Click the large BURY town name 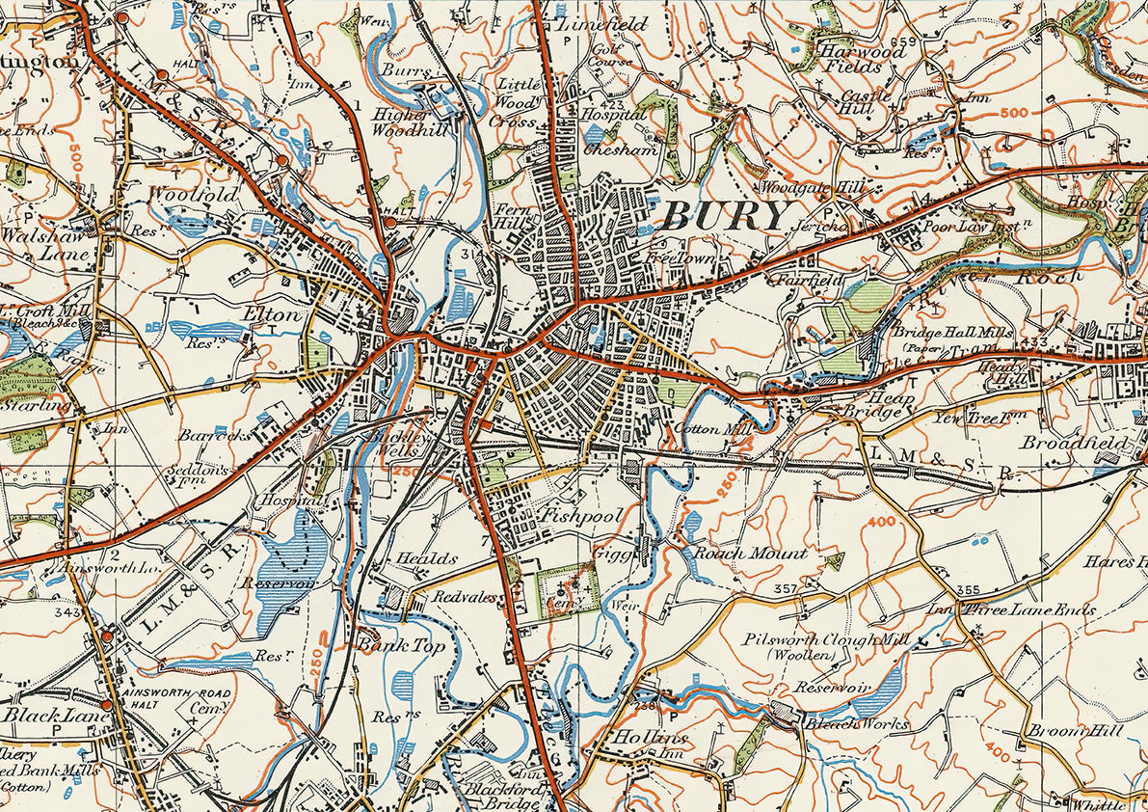726,216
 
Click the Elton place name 266,313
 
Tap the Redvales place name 465,598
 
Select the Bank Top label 402,645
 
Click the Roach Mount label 751,554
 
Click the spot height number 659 902,41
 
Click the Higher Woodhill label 412,121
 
